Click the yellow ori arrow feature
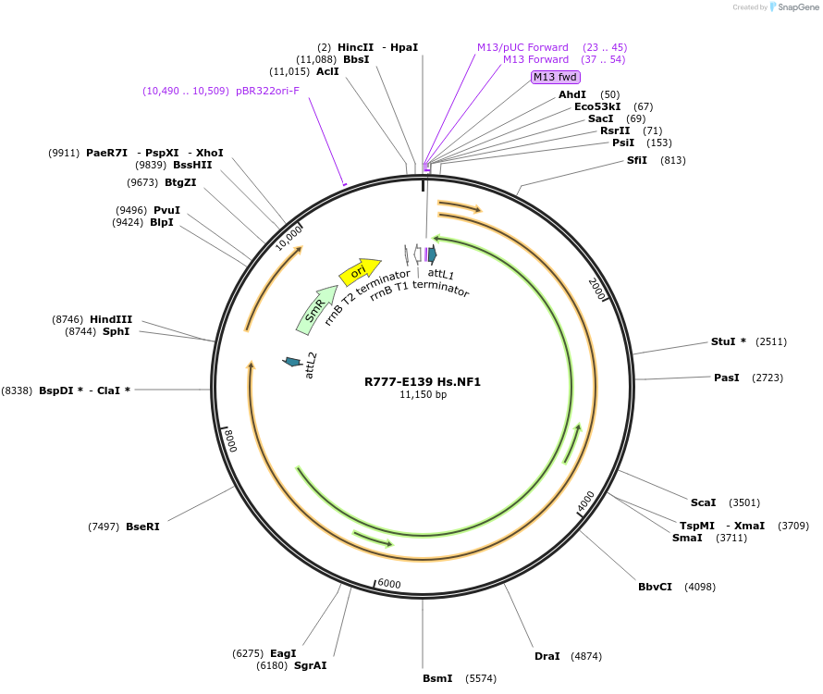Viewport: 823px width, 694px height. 360,271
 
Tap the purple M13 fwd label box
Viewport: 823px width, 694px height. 555,77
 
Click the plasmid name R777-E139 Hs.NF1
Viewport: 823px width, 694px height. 423,381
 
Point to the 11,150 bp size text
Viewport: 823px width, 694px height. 423,394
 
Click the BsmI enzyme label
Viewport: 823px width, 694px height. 437,678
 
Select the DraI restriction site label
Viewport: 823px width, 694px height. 547,656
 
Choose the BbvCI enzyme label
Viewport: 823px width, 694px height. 655,587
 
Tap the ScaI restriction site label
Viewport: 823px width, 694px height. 704,502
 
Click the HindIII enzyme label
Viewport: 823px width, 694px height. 111,319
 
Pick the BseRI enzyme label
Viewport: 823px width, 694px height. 142,527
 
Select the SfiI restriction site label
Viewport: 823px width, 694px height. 637,160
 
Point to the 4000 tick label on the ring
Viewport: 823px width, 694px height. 586,502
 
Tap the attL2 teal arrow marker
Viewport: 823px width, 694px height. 292,361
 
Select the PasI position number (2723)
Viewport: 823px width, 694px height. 770,378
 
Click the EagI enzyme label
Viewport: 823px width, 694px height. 283,653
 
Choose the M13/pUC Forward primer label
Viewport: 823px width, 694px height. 522,47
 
